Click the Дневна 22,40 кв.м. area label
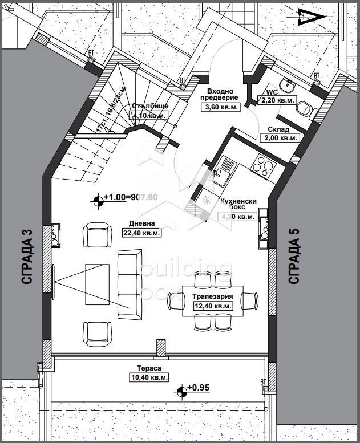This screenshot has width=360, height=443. (141, 228)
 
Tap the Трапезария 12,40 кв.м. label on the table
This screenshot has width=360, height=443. (212, 302)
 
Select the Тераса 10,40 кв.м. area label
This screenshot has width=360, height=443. (144, 373)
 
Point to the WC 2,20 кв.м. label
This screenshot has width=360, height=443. (278, 96)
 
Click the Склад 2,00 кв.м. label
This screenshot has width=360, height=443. (280, 133)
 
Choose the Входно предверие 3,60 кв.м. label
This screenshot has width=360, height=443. (219, 99)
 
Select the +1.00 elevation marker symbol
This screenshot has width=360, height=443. (99, 199)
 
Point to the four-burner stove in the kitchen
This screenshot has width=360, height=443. (264, 165)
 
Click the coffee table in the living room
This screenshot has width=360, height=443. (98, 283)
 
